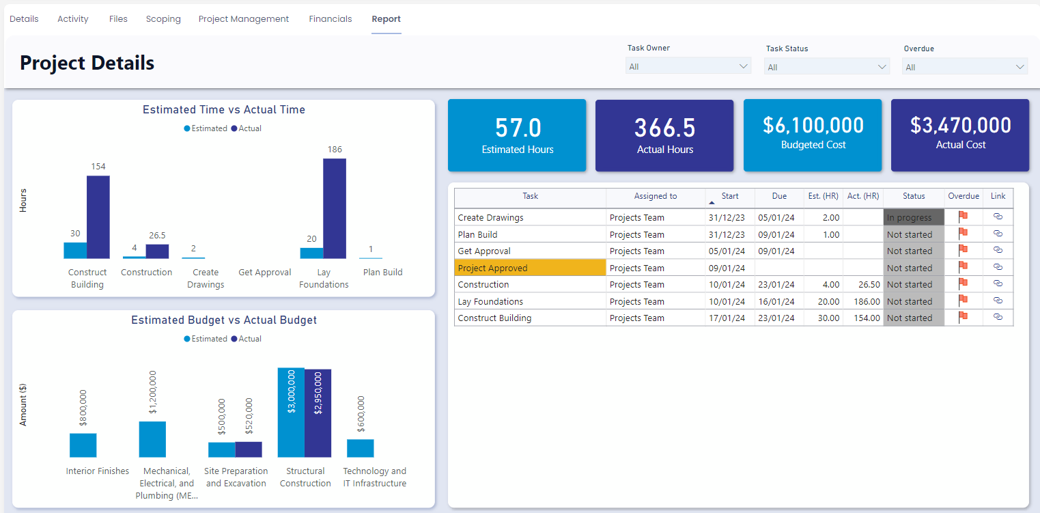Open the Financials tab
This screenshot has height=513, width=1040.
(330, 19)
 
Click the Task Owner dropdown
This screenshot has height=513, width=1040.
(688, 66)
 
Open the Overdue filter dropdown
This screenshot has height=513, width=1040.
(964, 67)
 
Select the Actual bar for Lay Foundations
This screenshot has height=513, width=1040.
(335, 208)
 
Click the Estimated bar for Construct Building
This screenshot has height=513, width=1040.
(75, 250)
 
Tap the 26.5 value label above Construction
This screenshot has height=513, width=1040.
(157, 235)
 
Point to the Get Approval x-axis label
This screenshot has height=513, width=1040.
(265, 272)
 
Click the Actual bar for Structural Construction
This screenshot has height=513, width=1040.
(318, 413)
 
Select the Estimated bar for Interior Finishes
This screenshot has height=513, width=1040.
(83, 445)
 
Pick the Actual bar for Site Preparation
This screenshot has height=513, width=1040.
(249, 449)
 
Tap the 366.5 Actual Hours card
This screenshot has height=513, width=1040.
(664, 135)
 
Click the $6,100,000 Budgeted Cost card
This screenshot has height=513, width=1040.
(813, 135)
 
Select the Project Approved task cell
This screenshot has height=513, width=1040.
(530, 268)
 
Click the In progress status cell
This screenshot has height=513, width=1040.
(913, 218)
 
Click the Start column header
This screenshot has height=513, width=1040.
(729, 196)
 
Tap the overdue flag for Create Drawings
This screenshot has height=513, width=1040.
(963, 217)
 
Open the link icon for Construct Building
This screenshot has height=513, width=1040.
(998, 318)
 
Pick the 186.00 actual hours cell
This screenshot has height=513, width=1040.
(863, 301)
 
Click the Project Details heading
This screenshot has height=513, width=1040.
(87, 63)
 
